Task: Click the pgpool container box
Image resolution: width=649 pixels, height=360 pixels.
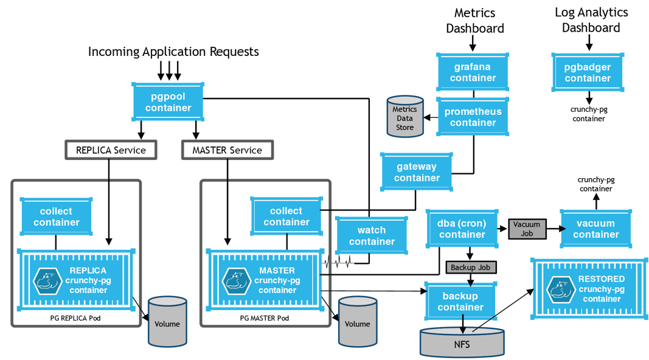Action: click(168, 102)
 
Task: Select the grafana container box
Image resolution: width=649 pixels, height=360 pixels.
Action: click(473, 72)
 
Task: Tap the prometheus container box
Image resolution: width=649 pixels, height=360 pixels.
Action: click(473, 117)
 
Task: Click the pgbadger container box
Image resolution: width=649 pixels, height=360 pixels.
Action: click(588, 72)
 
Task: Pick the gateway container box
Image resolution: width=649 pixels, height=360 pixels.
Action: click(417, 172)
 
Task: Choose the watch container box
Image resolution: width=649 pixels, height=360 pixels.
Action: click(371, 236)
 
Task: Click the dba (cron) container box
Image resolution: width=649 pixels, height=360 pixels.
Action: click(462, 229)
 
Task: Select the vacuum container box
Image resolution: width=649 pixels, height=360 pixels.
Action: click(595, 229)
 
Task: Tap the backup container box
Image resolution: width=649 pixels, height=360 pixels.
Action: click(460, 302)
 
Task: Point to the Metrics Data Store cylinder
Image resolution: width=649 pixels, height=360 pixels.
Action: click(404, 117)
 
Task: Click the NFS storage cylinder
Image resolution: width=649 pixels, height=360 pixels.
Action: click(462, 343)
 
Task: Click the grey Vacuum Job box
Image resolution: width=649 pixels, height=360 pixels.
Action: click(526, 229)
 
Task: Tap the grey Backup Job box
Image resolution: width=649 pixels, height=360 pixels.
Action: click(471, 268)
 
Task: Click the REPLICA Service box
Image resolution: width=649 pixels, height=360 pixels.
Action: click(111, 150)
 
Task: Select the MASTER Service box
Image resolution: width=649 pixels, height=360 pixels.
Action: click(227, 150)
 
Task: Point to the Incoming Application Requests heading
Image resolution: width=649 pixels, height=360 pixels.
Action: click(173, 52)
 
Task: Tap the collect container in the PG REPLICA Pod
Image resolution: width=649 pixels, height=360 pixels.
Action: click(56, 216)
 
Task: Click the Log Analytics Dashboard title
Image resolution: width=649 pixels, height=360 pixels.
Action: click(591, 20)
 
